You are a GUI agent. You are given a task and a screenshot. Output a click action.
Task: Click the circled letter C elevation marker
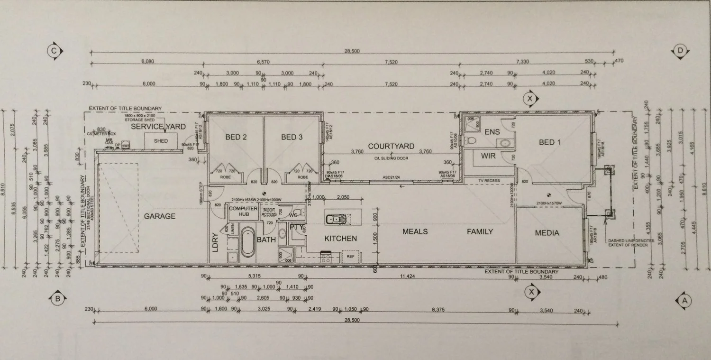tap(55, 51)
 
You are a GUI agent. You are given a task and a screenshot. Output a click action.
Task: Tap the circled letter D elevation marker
tap(680, 51)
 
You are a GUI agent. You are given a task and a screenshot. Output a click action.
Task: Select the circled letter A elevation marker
tap(683, 300)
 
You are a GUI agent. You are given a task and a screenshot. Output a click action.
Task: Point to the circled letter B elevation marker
tap(57, 299)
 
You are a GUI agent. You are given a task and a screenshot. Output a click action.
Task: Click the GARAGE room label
tap(159, 216)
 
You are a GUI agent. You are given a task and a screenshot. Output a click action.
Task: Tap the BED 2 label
tap(236, 137)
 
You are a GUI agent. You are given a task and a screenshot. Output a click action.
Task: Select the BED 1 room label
tap(549, 142)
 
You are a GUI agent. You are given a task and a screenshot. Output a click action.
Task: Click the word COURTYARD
tap(391, 146)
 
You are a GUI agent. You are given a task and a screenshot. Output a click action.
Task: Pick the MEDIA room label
tap(547, 233)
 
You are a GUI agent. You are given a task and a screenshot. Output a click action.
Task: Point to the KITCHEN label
tap(340, 238)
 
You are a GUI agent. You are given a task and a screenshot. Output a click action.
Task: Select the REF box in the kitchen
tap(350, 257)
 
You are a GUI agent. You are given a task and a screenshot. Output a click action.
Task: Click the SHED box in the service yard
tap(161, 141)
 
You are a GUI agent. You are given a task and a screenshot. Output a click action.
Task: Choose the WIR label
tap(488, 156)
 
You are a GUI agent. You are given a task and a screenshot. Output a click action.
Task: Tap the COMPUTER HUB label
tap(243, 212)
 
